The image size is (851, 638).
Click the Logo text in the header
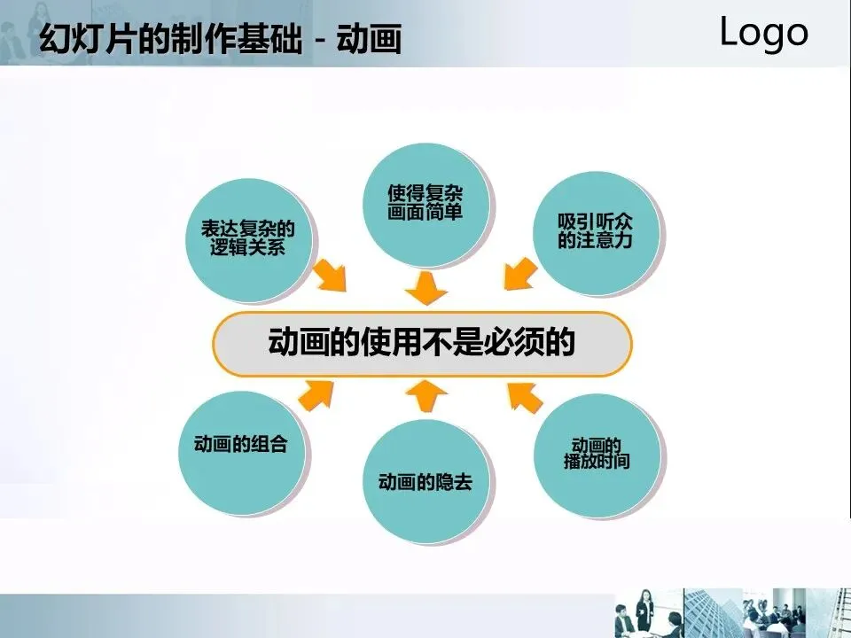coord(763,33)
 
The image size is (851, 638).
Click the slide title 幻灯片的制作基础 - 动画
coord(221,39)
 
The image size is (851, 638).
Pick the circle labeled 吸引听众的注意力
coord(599,234)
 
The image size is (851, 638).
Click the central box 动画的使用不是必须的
coord(422,343)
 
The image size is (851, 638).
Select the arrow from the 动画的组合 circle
coord(316,394)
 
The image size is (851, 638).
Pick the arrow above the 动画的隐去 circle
coord(426,395)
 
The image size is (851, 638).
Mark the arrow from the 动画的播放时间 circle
coord(526,397)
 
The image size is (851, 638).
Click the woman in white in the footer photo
coord(645,611)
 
